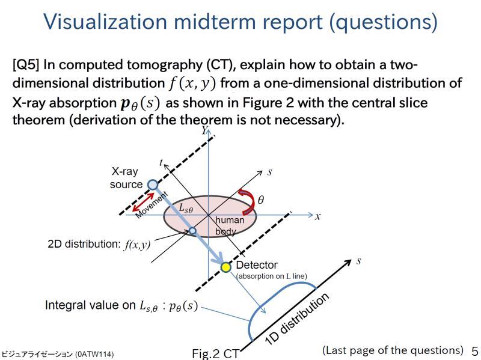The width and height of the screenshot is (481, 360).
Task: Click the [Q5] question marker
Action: [26, 65]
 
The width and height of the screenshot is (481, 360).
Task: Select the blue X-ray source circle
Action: [153, 185]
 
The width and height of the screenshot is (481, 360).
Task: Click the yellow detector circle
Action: [225, 267]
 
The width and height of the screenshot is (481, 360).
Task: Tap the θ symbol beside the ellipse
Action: [260, 200]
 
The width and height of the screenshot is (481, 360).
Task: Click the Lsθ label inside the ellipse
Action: [186, 209]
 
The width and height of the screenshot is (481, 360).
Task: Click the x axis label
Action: [317, 216]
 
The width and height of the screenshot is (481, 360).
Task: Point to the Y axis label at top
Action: [204, 130]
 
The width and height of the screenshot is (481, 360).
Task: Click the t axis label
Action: [161, 162]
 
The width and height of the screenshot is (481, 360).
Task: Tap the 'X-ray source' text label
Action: [126, 178]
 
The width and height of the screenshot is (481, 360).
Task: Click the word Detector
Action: [257, 265]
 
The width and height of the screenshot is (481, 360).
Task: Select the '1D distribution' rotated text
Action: [298, 319]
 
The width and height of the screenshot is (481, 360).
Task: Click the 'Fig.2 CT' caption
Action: [215, 353]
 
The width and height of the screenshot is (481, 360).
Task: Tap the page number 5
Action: [474, 352]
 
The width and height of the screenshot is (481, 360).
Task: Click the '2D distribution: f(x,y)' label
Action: [99, 244]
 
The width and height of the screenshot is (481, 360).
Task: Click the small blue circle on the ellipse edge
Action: [192, 230]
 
